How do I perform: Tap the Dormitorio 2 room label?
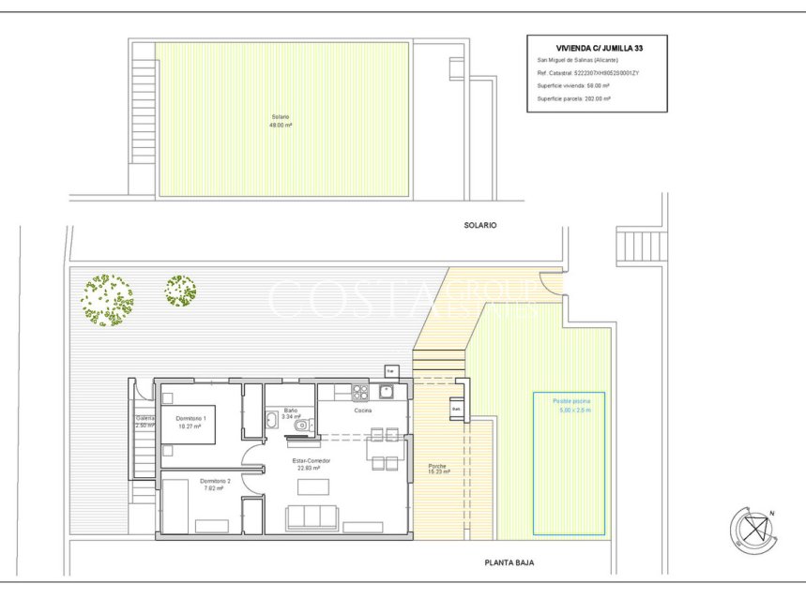pyautogui.click(x=211, y=484)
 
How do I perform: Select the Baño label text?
pyautogui.click(x=291, y=413)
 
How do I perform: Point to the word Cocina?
pyautogui.click(x=363, y=411)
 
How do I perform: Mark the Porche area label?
pyautogui.click(x=438, y=469)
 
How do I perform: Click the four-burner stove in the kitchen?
pyautogui.click(x=359, y=393)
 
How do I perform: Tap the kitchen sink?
pyautogui.click(x=387, y=392)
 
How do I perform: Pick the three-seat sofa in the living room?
pyautogui.click(x=312, y=517)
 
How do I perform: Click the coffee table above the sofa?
pyautogui.click(x=313, y=486)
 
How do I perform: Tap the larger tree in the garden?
pyautogui.click(x=106, y=300)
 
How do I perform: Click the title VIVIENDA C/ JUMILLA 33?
pyautogui.click(x=599, y=45)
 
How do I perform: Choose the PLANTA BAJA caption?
pyautogui.click(x=509, y=563)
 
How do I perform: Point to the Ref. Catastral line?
pyautogui.click(x=587, y=72)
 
